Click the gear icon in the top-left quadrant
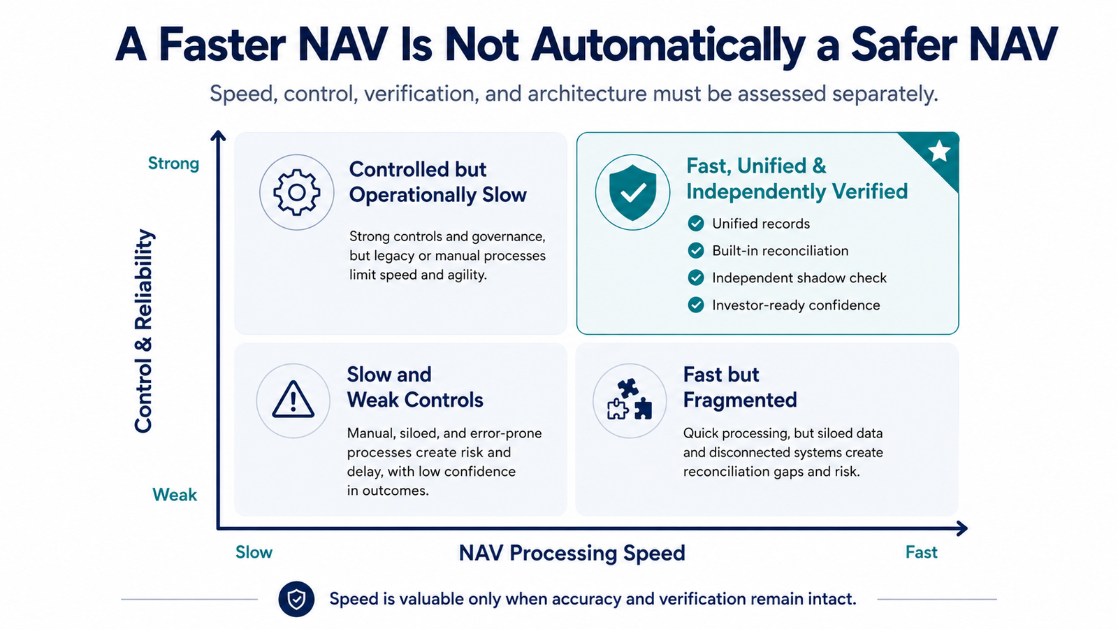296,192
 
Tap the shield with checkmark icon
632,192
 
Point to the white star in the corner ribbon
939,151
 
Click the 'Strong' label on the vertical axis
173,164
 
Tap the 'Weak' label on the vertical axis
175,495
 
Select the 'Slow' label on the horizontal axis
254,552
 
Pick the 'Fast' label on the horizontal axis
922,552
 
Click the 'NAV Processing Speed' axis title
572,553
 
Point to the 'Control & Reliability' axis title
143,331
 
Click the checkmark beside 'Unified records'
696,223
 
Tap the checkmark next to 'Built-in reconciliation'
696,250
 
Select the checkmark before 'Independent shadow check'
696,277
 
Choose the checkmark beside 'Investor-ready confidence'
696,305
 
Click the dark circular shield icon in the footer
296,598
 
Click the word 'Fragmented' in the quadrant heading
740,400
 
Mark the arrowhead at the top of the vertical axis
218,136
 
